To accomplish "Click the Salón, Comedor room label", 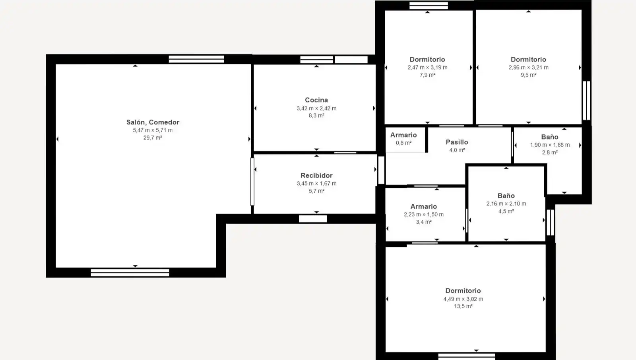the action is pyautogui.click(x=153, y=122).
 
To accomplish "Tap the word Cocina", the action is pyautogui.click(x=316, y=100).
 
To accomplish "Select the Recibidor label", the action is pyautogui.click(x=316, y=176).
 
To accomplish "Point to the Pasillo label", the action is pyautogui.click(x=457, y=142).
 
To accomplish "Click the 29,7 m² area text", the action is pyautogui.click(x=153, y=138).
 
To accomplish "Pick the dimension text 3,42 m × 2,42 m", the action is pyautogui.click(x=316, y=108).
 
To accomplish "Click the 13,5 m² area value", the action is pyautogui.click(x=463, y=306).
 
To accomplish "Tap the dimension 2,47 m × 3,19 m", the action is pyautogui.click(x=428, y=67).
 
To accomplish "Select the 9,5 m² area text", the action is pyautogui.click(x=528, y=75).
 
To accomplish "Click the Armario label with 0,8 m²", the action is pyautogui.click(x=403, y=135).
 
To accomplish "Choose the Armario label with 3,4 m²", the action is pyautogui.click(x=424, y=206).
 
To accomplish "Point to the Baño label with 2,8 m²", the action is pyautogui.click(x=550, y=137).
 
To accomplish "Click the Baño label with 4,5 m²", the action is pyautogui.click(x=506, y=195).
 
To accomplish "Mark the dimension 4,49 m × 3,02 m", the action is pyautogui.click(x=463, y=299).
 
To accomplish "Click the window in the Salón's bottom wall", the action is pyautogui.click(x=130, y=273).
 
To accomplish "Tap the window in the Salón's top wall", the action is pyautogui.click(x=196, y=59).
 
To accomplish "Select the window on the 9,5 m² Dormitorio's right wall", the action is pyautogui.click(x=587, y=101).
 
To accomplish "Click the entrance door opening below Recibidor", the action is pyautogui.click(x=313, y=219).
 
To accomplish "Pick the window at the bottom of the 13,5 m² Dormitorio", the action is pyautogui.click(x=467, y=356).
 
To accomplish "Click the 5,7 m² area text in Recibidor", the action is pyautogui.click(x=316, y=191).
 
